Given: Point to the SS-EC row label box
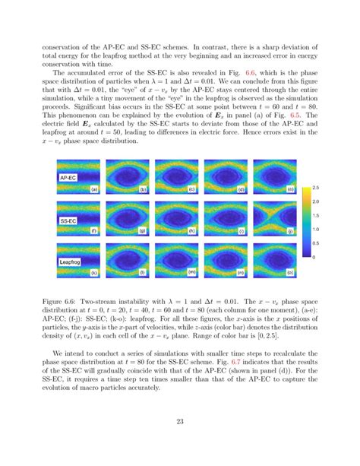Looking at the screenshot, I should (69, 221).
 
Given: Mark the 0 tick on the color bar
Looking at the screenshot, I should (314, 257).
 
